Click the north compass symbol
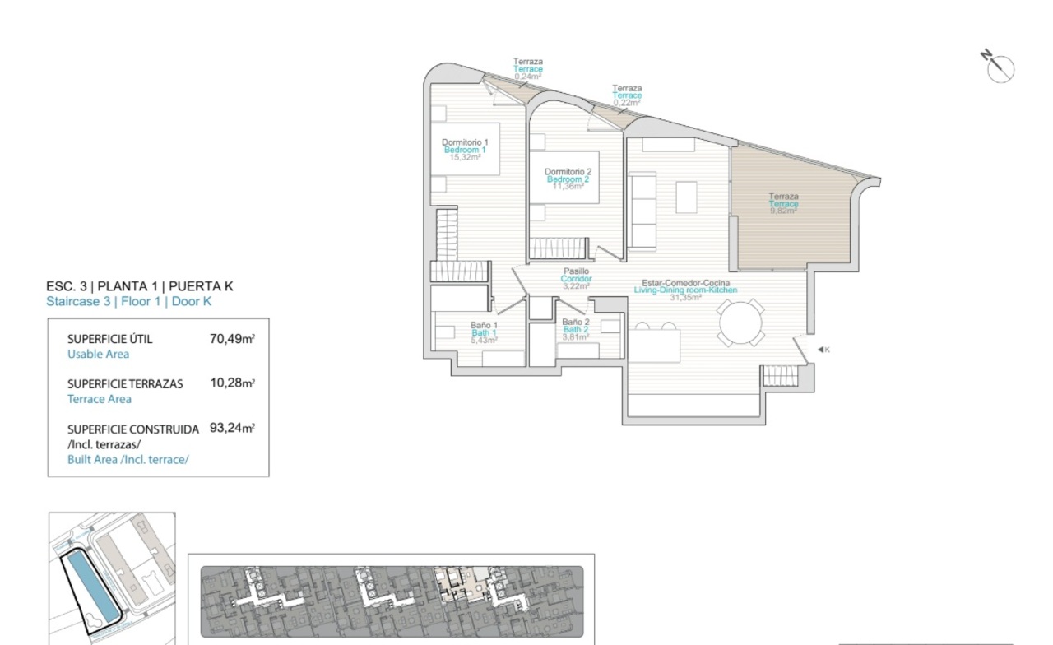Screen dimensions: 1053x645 coord(999,67)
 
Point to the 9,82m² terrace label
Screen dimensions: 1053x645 coord(784,203)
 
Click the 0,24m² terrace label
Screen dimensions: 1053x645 coord(528,68)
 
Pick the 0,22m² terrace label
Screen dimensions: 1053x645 coord(627,95)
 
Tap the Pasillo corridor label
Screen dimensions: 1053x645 coord(577,278)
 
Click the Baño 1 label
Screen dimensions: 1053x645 coord(484,332)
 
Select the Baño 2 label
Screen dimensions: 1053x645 coord(575,329)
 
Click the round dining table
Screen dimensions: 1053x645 coord(740,323)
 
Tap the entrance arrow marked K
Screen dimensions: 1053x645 coord(823,350)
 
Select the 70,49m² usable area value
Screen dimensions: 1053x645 coord(232,338)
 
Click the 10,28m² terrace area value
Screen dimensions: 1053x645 coord(232,383)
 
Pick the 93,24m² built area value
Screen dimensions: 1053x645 coord(232,427)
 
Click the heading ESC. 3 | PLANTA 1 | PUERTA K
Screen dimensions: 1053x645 coord(140,285)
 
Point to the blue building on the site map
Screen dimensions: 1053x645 coord(93,587)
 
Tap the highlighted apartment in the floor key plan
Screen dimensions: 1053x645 coord(462,584)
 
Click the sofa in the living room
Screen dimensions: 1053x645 coord(642,210)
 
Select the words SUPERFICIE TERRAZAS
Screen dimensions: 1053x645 coord(125,384)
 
